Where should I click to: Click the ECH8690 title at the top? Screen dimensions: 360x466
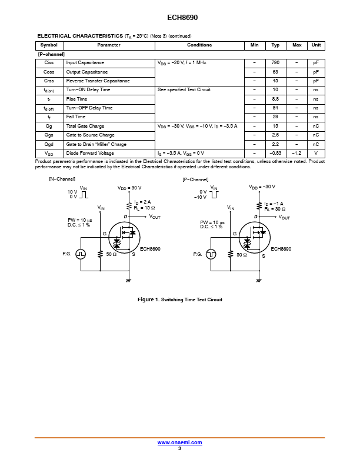[x=182, y=18]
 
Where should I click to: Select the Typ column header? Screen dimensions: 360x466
[x=275, y=45]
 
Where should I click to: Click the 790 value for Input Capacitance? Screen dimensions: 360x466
[x=275, y=63]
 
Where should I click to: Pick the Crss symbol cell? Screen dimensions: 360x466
[x=49, y=81]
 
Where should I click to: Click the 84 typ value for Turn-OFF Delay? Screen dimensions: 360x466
[x=275, y=108]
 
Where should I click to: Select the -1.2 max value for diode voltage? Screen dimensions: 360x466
[x=296, y=153]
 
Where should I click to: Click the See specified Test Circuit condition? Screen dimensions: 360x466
[x=185, y=90]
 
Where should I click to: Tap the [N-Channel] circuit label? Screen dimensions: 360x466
[x=62, y=179]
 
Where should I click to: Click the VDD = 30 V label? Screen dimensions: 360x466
[x=129, y=188]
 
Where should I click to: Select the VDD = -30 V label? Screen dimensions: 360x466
[x=262, y=187]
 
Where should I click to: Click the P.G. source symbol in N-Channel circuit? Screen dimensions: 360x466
[x=81, y=254]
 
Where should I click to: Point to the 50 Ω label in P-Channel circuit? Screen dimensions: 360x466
[x=242, y=255]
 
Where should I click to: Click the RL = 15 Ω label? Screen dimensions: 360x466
[x=144, y=208]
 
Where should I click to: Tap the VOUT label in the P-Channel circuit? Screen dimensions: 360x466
[x=284, y=217]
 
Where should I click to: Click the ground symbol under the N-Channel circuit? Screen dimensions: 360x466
[x=128, y=280]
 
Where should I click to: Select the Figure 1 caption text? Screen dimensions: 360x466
[x=180, y=299]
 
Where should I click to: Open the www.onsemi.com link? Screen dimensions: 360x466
[x=179, y=442]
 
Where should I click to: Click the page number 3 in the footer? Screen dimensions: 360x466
[x=179, y=448]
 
